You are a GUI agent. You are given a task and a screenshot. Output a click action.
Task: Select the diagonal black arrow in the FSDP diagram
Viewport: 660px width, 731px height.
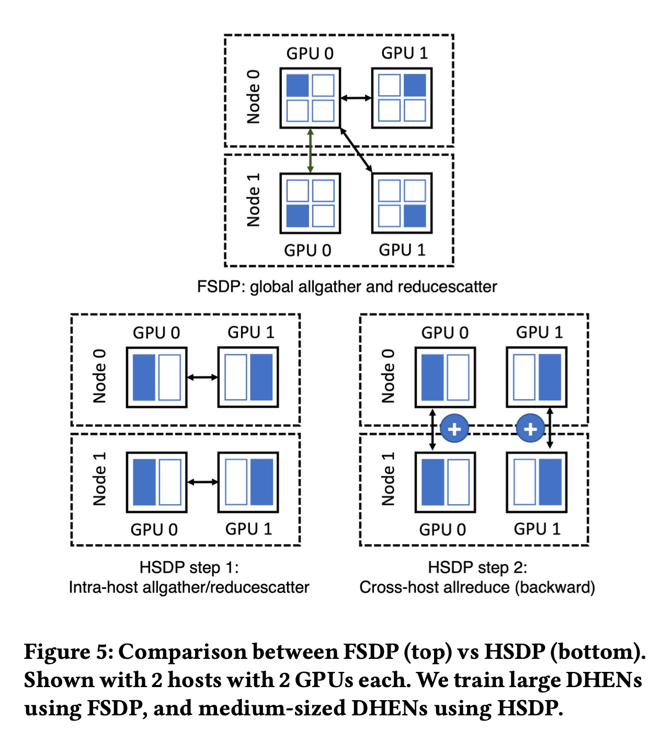tap(356, 150)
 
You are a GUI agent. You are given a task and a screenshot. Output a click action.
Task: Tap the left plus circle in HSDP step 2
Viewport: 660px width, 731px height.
tap(454, 429)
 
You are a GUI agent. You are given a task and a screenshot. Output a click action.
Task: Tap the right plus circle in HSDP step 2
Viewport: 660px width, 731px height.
tap(530, 429)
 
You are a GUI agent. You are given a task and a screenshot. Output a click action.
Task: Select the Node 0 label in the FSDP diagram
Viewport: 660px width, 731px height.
tap(254, 97)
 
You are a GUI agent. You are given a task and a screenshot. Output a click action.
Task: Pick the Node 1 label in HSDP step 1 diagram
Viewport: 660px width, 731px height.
tap(99, 479)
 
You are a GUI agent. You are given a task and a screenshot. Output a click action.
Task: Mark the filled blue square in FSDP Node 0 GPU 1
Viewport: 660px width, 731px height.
tap(415, 85)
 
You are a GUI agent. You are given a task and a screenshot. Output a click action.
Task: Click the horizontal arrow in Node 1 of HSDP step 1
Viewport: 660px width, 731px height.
tap(202, 482)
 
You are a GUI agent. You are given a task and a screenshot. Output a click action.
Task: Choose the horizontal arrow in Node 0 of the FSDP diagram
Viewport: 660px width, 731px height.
tap(356, 98)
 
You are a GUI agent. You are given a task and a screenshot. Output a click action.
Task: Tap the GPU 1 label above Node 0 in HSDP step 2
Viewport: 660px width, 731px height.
tap(539, 333)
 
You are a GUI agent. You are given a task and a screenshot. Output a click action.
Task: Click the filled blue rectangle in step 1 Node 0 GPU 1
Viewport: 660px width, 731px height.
tap(261, 377)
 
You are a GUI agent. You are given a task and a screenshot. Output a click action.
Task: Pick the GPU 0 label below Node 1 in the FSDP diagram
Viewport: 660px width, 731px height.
tap(308, 250)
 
